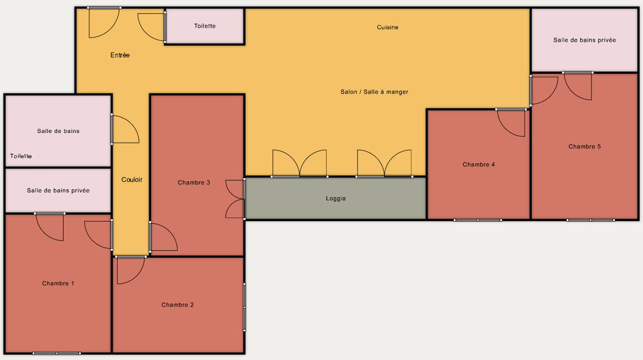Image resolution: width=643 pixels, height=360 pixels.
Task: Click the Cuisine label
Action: (388, 27)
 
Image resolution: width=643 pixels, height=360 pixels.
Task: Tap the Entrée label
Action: (120, 55)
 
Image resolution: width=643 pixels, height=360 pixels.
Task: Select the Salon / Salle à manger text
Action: (374, 92)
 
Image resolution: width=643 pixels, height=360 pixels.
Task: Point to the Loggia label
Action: (336, 199)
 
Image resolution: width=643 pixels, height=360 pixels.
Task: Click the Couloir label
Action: (132, 179)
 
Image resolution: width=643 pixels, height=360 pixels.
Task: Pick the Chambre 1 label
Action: (58, 283)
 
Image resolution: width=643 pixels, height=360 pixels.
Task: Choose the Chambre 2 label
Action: (177, 305)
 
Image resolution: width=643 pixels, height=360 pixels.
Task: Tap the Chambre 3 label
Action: (194, 183)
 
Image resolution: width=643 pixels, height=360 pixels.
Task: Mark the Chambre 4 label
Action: (478, 165)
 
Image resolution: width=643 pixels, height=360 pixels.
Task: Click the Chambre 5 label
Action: (584, 147)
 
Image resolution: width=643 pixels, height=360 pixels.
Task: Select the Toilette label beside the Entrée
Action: (204, 26)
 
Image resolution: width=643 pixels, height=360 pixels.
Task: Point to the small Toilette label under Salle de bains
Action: (21, 156)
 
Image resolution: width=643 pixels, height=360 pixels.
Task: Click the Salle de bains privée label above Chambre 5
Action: (584, 40)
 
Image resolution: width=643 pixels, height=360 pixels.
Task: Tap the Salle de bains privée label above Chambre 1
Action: (59, 190)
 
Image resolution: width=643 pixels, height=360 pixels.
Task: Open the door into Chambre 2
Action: (131, 269)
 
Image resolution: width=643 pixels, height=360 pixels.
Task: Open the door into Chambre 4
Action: (511, 122)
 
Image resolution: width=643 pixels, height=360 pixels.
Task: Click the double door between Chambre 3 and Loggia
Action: (235, 199)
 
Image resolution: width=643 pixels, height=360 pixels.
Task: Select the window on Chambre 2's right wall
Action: (244, 307)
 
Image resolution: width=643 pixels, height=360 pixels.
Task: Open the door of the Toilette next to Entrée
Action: (152, 27)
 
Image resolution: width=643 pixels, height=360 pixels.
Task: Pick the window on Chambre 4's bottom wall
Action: (478, 221)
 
